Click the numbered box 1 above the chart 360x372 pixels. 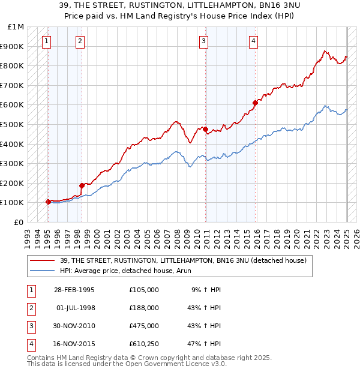coord(46,41)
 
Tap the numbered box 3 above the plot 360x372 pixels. coord(204,41)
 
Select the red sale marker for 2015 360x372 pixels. coord(255,103)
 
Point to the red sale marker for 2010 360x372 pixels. coord(205,129)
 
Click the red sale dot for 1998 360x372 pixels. coord(82,185)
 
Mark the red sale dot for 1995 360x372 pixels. coord(48,202)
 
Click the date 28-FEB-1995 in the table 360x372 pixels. coord(74,290)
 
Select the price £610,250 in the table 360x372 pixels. coord(144,344)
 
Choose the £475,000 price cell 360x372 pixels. coord(144,326)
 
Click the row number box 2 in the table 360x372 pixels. coord(29,308)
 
